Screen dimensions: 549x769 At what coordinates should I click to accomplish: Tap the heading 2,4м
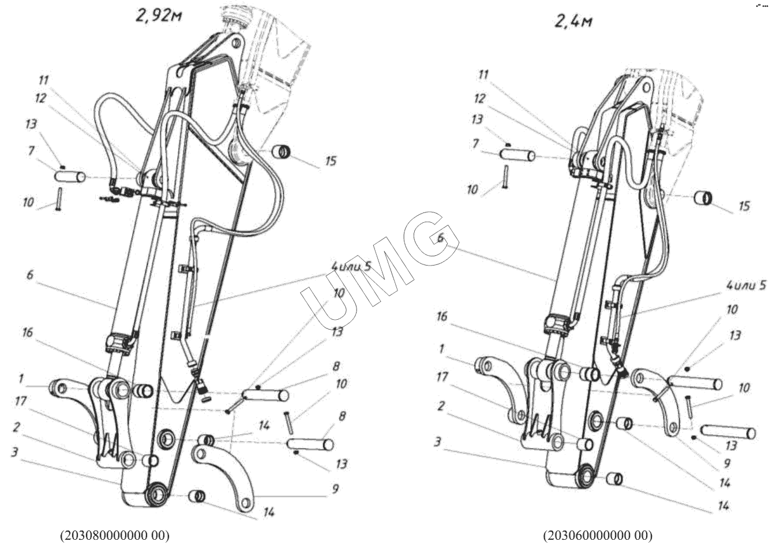click(x=573, y=21)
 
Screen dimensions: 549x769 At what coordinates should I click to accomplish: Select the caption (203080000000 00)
click(x=115, y=535)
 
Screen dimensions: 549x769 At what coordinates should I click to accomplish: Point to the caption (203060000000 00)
click(x=598, y=535)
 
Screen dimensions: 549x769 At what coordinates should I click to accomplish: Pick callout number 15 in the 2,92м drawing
click(x=330, y=162)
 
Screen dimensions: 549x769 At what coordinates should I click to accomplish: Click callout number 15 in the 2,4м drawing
click(x=744, y=206)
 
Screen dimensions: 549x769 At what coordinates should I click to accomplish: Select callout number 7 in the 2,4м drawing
click(x=476, y=143)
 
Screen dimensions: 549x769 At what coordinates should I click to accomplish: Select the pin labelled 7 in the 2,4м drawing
click(x=517, y=156)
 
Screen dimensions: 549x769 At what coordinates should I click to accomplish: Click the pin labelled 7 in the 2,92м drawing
click(x=70, y=176)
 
